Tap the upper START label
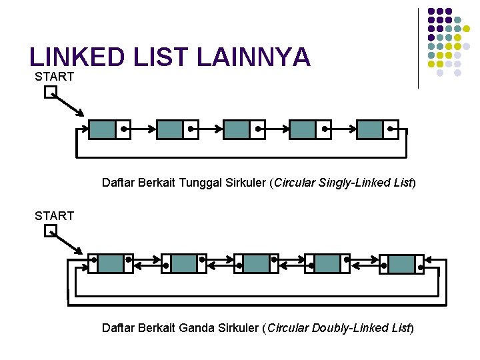point(54,77)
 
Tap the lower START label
point(54,215)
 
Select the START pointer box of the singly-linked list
point(51,93)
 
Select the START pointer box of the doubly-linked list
point(51,231)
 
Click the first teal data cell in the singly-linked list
point(102,129)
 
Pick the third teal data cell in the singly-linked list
point(236,129)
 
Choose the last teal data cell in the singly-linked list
point(370,129)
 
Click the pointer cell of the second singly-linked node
point(191,129)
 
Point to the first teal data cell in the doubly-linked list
point(111,263)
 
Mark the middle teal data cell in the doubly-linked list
point(256,263)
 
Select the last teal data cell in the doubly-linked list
point(401,263)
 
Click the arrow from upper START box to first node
point(69,104)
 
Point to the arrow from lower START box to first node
point(67,243)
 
